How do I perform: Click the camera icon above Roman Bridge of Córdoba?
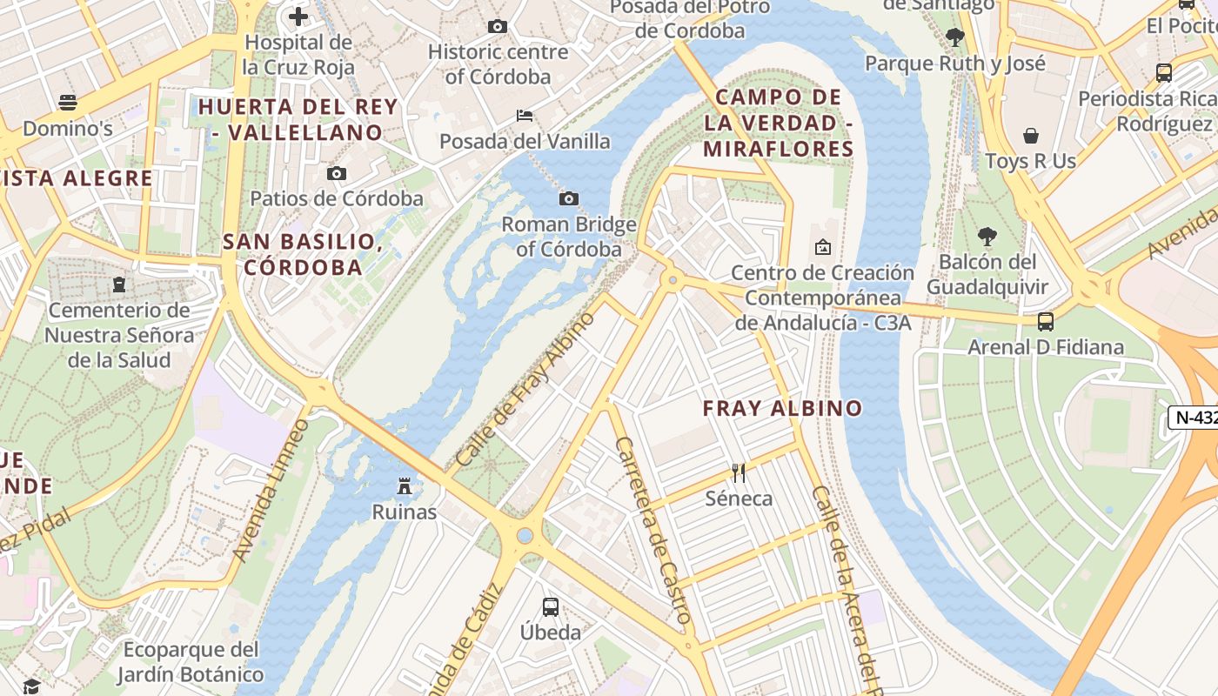pos(569,199)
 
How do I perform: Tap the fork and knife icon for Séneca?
pos(739,473)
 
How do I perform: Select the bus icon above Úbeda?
pos(551,606)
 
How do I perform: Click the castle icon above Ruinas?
pos(405,485)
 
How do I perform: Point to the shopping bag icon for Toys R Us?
pos(1031,136)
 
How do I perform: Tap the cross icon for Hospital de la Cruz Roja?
pos(298,17)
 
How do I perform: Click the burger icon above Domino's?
pos(68,103)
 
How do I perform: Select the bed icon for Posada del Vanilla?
pos(525,115)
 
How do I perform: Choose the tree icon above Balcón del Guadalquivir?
pos(987,236)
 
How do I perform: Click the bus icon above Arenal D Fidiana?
pos(1046,322)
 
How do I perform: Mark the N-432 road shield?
pos(1195,418)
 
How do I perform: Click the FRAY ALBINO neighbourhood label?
pos(782,408)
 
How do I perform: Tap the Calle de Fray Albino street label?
pos(525,388)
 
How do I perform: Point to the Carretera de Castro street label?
pos(653,531)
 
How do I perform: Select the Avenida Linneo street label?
pos(271,491)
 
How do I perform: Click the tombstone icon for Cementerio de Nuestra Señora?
pos(119,284)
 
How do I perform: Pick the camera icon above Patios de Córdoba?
pos(337,173)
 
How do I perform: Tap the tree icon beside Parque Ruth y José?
pos(955,37)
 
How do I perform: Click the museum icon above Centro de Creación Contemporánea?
pos(822,247)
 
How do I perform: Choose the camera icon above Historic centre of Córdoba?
pos(498,26)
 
